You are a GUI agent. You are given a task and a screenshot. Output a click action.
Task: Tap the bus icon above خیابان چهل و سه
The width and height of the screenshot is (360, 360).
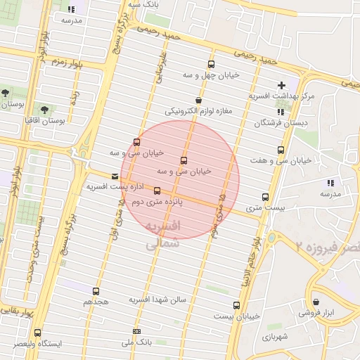[212, 64]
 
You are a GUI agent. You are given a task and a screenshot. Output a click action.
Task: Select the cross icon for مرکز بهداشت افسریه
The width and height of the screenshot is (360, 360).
[281, 85]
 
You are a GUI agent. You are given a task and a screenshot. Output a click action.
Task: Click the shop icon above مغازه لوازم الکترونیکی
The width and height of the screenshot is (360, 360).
[199, 101]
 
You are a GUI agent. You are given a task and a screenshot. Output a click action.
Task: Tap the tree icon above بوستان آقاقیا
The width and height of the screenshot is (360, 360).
[44, 110]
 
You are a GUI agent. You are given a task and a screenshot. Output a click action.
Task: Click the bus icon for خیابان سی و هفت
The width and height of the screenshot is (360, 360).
[281, 150]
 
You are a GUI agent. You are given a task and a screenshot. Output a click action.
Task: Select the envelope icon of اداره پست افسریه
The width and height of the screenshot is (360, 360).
[115, 176]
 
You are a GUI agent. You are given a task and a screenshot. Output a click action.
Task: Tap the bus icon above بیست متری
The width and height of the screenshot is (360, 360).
[265, 197]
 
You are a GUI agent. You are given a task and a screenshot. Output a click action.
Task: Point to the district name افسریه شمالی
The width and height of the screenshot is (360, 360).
[162, 236]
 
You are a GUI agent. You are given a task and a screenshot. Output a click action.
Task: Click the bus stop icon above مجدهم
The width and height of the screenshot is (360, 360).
[96, 291]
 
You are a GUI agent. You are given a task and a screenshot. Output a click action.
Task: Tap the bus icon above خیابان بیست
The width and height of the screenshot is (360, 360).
[236, 306]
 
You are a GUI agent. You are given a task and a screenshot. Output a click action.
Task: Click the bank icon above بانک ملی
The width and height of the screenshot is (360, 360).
[136, 331]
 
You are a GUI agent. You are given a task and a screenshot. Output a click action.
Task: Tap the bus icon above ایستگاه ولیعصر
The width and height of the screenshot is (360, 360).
[37, 333]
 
